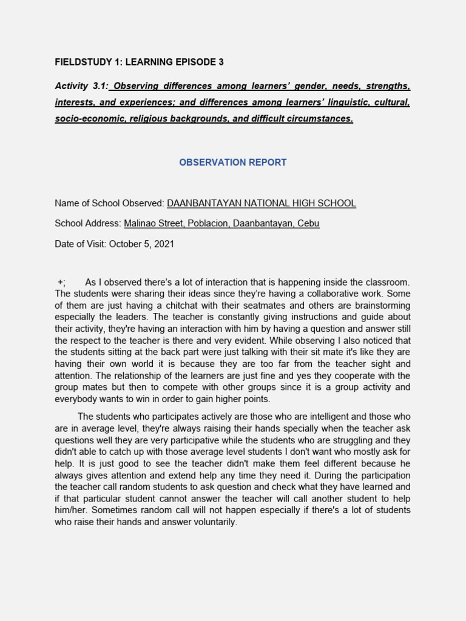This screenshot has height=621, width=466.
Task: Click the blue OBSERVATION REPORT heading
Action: pos(233,163)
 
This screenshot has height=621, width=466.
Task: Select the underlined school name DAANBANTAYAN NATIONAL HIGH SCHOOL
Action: pos(261,203)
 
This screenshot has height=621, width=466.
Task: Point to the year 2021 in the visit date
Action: pos(164,244)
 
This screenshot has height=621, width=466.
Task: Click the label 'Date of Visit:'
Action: pos(82,244)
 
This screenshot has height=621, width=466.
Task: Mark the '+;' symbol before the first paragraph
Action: pos(61,282)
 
